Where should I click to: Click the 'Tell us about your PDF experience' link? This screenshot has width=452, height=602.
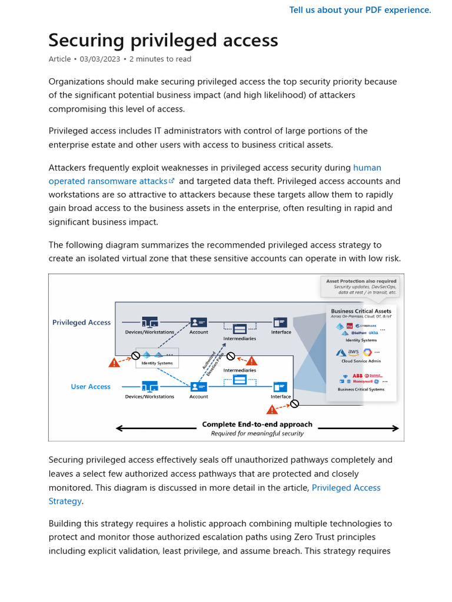(360, 10)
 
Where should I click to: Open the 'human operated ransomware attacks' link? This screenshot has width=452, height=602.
(108, 181)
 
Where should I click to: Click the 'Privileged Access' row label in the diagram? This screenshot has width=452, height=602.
(81, 322)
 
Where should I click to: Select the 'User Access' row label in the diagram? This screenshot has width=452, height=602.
(91, 386)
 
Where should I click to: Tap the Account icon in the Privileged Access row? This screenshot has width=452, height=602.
(198, 322)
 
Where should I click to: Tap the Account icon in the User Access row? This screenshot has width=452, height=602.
(198, 386)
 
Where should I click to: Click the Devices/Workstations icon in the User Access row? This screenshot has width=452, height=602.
(149, 386)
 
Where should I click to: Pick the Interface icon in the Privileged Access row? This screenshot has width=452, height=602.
(281, 322)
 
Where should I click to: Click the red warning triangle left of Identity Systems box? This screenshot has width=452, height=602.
(114, 363)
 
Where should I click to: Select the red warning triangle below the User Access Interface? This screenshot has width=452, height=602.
(272, 409)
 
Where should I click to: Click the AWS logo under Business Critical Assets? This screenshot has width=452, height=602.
(353, 352)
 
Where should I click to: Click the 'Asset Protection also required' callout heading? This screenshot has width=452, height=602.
(361, 281)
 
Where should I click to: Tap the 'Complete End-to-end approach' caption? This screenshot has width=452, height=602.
(257, 424)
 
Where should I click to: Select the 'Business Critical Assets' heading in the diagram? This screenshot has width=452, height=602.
(361, 311)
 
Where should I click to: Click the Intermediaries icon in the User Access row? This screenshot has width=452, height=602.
(240, 380)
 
